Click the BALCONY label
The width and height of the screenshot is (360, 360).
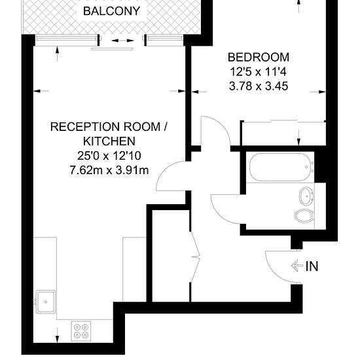tap(111, 11)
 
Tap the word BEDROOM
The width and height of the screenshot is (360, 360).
tap(259, 58)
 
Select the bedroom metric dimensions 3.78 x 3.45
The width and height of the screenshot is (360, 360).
tap(259, 86)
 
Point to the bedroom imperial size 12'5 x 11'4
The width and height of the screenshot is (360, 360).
tap(259, 72)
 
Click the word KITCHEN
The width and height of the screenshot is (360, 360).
tap(109, 141)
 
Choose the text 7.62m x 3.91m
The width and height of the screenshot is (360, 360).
tap(109, 170)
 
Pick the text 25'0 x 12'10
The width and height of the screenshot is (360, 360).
tap(109, 156)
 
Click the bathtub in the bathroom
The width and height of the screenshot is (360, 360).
tap(281, 167)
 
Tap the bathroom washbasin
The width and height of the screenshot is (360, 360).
tap(306, 196)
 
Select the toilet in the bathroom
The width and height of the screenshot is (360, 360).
tap(304, 216)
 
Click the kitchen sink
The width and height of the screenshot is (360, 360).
tap(46, 302)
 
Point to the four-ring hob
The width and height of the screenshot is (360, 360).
tap(81, 331)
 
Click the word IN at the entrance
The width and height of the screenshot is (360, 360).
tap(312, 266)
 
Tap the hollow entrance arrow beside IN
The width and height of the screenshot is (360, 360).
tap(297, 266)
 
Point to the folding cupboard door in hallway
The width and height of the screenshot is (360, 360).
tap(196, 257)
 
